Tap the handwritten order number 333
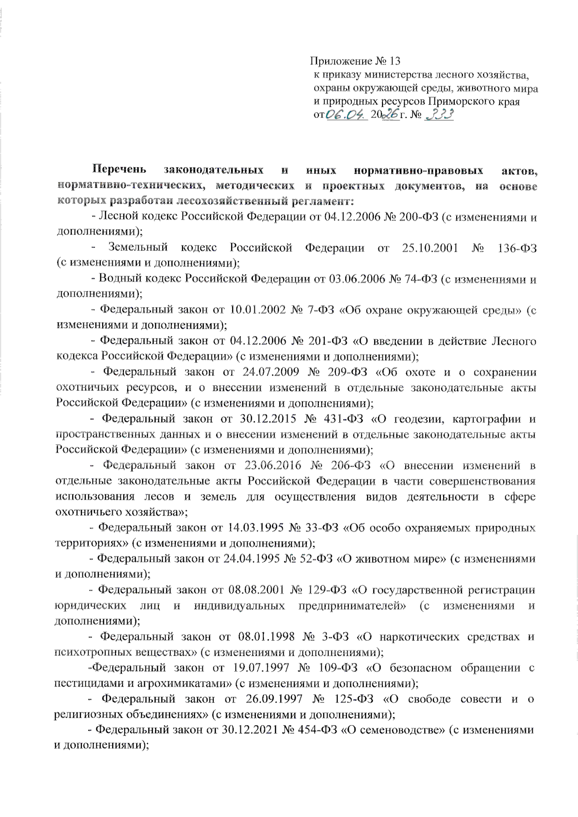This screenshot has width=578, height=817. tap(439, 116)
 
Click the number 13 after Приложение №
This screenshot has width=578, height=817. tap(395, 62)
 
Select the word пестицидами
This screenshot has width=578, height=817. tap(85, 684)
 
